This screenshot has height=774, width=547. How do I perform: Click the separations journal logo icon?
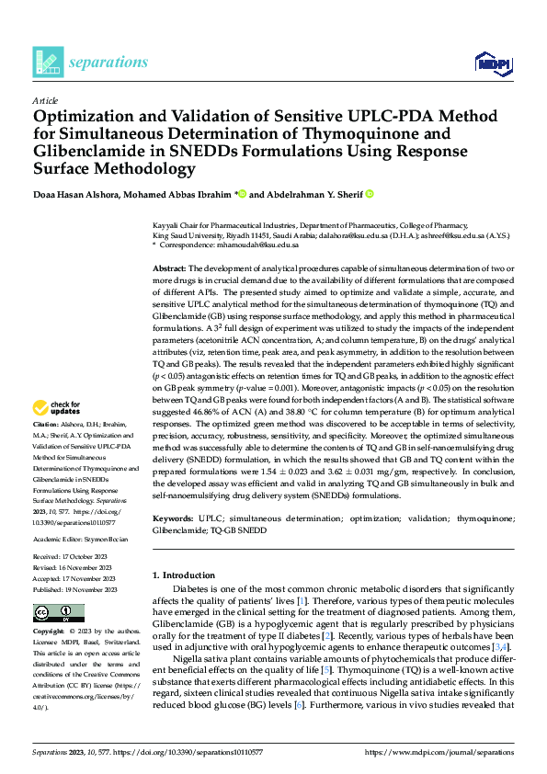point(48,62)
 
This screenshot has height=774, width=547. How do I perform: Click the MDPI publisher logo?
point(494,62)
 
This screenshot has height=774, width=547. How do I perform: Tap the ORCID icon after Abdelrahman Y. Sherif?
point(370,195)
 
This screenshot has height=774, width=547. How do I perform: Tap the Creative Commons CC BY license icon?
point(58,613)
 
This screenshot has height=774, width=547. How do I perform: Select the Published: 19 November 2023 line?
point(73,588)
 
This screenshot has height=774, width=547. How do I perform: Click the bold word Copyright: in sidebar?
point(49,632)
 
